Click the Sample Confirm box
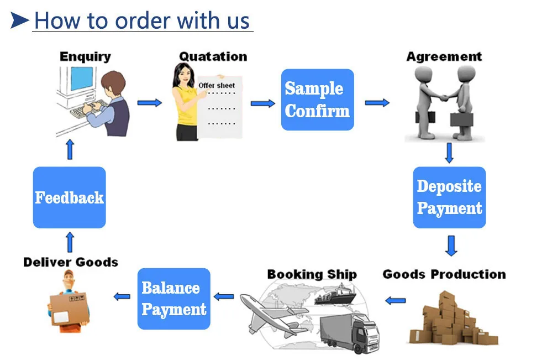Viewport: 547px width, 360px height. pyautogui.click(x=317, y=100)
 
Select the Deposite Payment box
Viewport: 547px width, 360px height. pyautogui.click(x=449, y=197)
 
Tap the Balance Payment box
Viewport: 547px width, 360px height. pyautogui.click(x=173, y=299)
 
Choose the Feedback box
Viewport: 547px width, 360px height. pyautogui.click(x=69, y=197)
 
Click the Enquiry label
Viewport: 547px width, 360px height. pyautogui.click(x=85, y=56)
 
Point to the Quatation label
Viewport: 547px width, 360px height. pyautogui.click(x=213, y=56)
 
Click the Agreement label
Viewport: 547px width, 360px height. pyautogui.click(x=444, y=56)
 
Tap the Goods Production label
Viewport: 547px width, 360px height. pyautogui.click(x=444, y=274)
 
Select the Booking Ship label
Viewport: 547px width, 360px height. pyautogui.click(x=312, y=274)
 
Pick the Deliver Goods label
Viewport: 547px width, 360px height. pyautogui.click(x=71, y=262)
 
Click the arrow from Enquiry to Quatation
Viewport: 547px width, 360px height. pyautogui.click(x=149, y=102)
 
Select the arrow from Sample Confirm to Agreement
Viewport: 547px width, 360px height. pyautogui.click(x=377, y=102)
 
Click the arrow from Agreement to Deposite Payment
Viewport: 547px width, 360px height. pyautogui.click(x=449, y=153)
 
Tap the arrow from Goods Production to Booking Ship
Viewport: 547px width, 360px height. pyautogui.click(x=395, y=300)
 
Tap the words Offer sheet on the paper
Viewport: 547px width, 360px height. pyautogui.click(x=217, y=86)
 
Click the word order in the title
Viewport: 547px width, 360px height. pyautogui.click(x=142, y=21)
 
